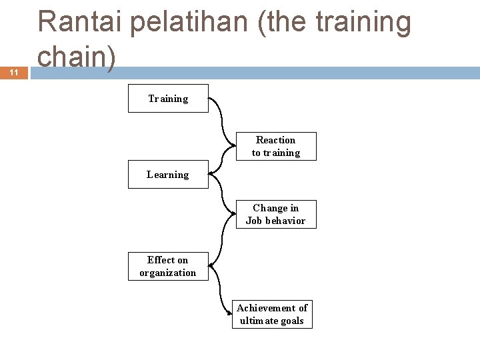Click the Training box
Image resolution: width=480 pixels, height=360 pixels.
[168, 99]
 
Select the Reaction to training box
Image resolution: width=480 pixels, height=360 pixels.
[276, 146]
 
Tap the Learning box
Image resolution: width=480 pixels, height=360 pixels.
[168, 175]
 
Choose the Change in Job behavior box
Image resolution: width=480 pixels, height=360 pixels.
[276, 214]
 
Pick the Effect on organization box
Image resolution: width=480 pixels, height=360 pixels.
[168, 266]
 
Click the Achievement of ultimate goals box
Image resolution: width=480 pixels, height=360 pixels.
[272, 314]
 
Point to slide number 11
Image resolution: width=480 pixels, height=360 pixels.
[13, 73]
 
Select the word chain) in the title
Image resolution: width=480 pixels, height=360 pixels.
[77, 57]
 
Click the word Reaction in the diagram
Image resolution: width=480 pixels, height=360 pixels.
[275, 140]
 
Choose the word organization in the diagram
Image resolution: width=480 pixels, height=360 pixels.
[168, 273]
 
